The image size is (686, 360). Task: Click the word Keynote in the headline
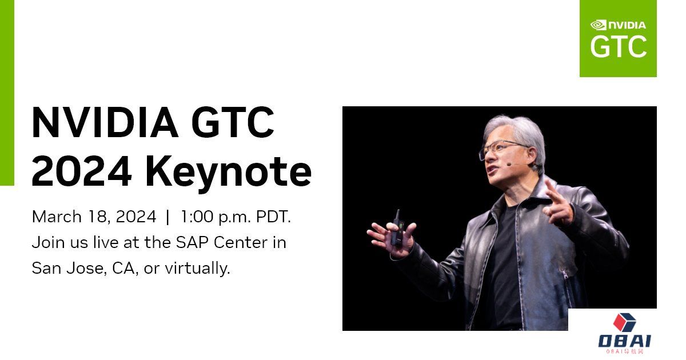[x=229, y=173]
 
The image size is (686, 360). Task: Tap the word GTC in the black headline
[x=233, y=122]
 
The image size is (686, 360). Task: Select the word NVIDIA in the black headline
[x=105, y=122]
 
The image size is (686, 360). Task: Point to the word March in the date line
[x=57, y=217]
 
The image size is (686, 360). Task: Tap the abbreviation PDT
[x=273, y=217]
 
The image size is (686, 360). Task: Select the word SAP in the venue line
[x=193, y=242]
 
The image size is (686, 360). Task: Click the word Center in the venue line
[x=241, y=242]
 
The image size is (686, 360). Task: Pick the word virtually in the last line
[x=198, y=269]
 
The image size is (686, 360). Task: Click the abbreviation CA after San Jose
[x=123, y=269]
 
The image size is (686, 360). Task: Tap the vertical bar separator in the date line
[x=167, y=217]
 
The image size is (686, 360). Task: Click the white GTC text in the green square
[x=618, y=46]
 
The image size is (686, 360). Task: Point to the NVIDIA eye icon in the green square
[x=598, y=25]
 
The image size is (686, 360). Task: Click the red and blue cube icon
[x=624, y=322]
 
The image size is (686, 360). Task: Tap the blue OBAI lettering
[x=625, y=341]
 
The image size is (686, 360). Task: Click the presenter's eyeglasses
[x=502, y=149]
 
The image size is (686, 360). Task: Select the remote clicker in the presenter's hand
[x=397, y=228]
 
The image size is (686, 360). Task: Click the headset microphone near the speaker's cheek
[x=509, y=164]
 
